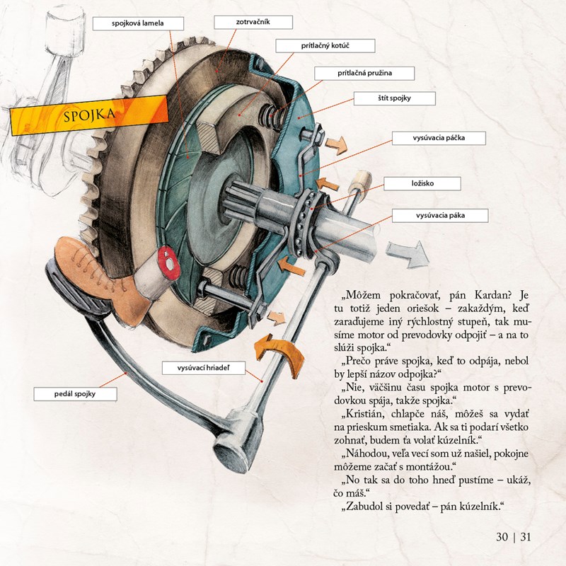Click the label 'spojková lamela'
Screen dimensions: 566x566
(138, 24)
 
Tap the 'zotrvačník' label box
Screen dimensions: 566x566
(253, 23)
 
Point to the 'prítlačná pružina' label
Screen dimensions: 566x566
(364, 73)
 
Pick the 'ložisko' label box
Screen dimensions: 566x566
(422, 184)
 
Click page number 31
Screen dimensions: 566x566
(525, 536)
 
